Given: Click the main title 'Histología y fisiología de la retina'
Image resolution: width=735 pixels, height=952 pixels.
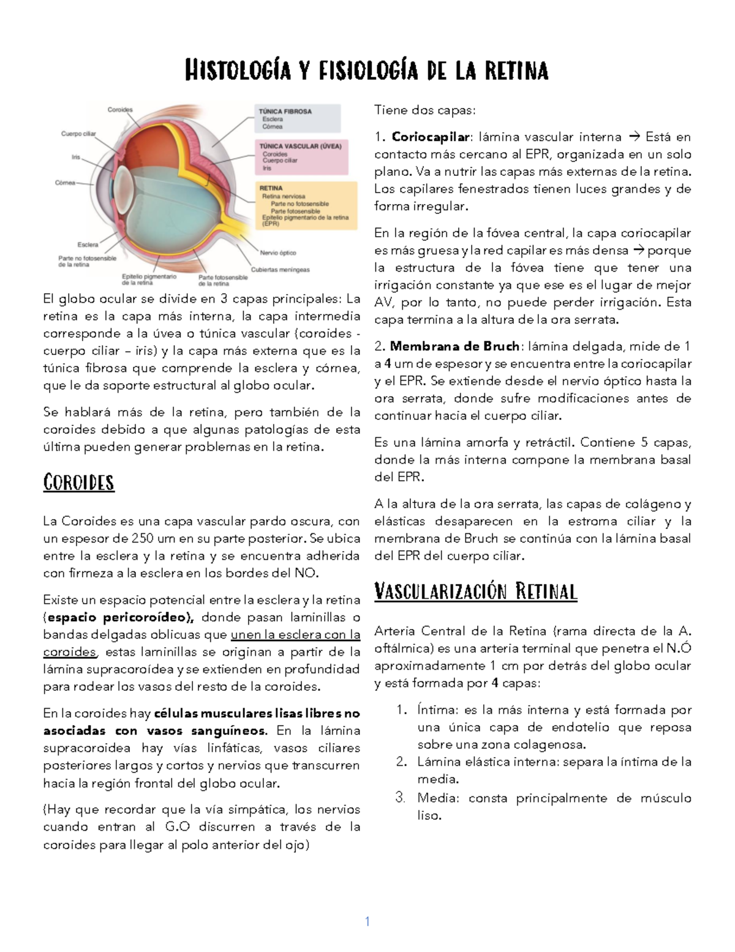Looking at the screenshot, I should pyautogui.click(x=366, y=70).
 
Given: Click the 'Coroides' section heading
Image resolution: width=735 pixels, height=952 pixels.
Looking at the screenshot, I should pyautogui.click(x=78, y=482).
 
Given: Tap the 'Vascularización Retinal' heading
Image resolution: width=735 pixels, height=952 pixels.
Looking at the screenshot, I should pyautogui.click(x=475, y=592).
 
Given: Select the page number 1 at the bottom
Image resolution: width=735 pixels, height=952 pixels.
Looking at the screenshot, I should pyautogui.click(x=367, y=921).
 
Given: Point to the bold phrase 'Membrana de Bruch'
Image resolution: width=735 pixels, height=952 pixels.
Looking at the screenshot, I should pyautogui.click(x=454, y=346).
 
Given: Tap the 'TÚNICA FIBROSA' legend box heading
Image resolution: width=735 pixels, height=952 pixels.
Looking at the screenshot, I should pyautogui.click(x=285, y=112).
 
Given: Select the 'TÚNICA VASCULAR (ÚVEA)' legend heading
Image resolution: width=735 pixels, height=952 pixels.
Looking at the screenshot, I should pyautogui.click(x=300, y=147).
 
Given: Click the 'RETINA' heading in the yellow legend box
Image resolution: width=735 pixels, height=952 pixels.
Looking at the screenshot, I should pyautogui.click(x=271, y=188).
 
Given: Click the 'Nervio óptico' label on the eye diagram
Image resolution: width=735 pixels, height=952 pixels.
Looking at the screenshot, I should pyautogui.click(x=278, y=253).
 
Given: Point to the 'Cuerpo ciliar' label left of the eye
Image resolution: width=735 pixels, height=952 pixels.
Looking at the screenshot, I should pyautogui.click(x=78, y=134).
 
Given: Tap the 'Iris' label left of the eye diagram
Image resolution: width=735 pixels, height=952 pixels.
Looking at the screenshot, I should pyautogui.click(x=76, y=157).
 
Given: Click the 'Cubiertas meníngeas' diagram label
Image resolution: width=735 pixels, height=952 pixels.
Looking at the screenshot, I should pyautogui.click(x=280, y=269).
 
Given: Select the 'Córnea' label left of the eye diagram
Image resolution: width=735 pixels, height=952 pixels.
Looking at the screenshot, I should pyautogui.click(x=65, y=183).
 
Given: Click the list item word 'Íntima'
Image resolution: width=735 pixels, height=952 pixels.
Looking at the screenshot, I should pyautogui.click(x=437, y=710).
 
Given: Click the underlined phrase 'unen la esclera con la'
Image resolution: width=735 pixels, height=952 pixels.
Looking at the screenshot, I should pyautogui.click(x=295, y=634).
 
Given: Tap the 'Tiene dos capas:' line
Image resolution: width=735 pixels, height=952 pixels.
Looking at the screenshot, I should pyautogui.click(x=424, y=110).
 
